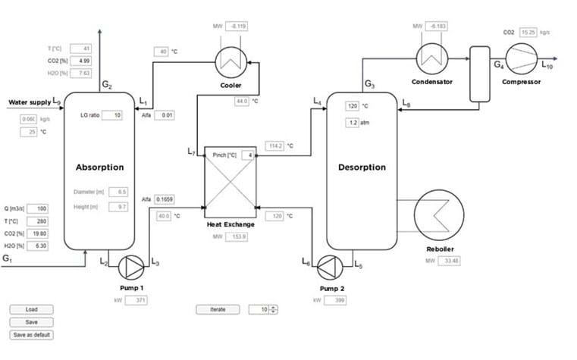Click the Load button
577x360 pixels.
coord(31,309)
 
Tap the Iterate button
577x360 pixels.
coord(218,309)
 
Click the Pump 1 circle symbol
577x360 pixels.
coord(133,265)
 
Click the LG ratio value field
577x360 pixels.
coord(112,115)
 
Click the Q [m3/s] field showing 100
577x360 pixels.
coord(38,208)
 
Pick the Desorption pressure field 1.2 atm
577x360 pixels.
coord(353,121)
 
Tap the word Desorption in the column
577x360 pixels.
coord(361,167)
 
